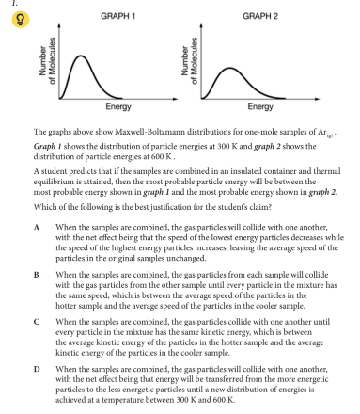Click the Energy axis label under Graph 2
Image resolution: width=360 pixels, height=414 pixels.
[x=247, y=106]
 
